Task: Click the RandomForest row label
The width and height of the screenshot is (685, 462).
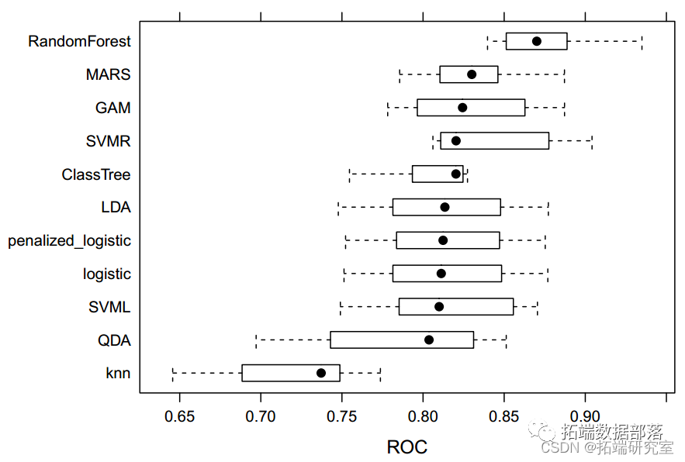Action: click(x=79, y=41)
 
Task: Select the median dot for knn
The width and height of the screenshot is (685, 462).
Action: click(x=321, y=373)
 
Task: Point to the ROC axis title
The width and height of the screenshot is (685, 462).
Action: click(x=407, y=447)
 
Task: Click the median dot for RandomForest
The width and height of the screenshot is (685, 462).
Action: click(x=537, y=41)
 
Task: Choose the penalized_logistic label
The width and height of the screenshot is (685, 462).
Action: click(x=69, y=240)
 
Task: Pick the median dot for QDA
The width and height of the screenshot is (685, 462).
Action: click(x=429, y=340)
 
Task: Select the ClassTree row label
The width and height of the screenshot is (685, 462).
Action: click(x=96, y=174)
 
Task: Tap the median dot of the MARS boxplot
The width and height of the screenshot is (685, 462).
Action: click(x=472, y=74)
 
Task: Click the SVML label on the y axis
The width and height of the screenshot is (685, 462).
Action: click(x=109, y=307)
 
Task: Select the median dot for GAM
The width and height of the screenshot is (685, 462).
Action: click(x=462, y=108)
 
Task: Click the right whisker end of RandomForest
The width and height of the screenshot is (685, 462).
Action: click(x=642, y=41)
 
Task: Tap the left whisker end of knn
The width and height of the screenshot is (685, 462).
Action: click(x=173, y=373)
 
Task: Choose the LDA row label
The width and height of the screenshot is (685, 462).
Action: click(x=116, y=207)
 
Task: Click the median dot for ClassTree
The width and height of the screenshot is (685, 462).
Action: click(x=456, y=174)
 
